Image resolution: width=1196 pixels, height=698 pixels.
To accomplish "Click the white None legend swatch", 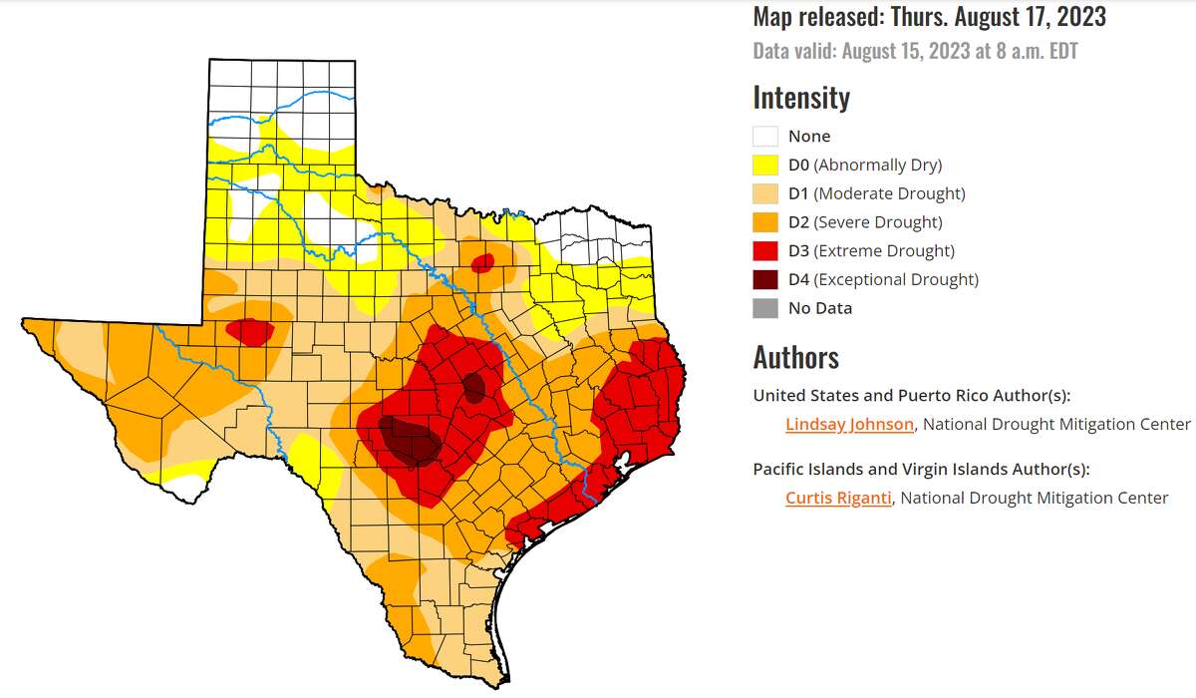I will (x=765, y=137).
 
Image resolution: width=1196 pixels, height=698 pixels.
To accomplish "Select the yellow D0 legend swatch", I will (x=765, y=166).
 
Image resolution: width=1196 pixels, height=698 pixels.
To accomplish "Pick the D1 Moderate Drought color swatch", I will (x=765, y=193).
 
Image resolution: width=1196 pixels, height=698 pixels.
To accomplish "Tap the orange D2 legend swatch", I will (x=765, y=222).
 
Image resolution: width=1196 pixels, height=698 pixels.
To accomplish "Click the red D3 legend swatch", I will (x=765, y=251).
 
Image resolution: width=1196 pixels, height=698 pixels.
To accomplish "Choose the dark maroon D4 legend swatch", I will (x=765, y=280).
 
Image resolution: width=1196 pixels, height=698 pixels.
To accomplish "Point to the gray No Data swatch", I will (x=765, y=308).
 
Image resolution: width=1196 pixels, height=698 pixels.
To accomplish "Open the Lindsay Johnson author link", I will (x=849, y=425).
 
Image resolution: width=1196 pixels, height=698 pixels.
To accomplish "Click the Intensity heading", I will (x=801, y=98).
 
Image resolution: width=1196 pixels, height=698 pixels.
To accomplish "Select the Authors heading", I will (x=795, y=357).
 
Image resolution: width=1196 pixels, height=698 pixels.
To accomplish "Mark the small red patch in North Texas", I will (x=482, y=263).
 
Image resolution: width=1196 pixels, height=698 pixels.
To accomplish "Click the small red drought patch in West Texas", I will (x=250, y=331).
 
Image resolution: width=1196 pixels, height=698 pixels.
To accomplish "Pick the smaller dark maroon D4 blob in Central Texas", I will (x=474, y=387).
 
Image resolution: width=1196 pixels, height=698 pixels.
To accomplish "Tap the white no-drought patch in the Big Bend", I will (x=187, y=488).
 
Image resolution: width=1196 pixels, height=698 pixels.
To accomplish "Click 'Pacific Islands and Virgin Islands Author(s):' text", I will (x=921, y=469).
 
